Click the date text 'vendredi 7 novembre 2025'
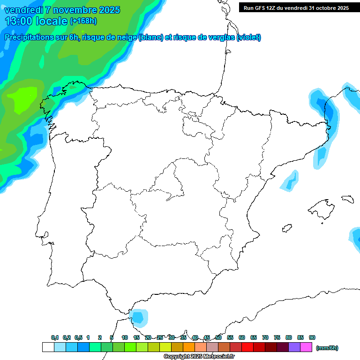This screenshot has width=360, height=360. click(62, 10)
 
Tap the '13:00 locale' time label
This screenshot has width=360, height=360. click(36, 21)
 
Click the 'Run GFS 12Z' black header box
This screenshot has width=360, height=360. click(296, 7)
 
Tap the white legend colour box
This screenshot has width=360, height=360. click(48, 347)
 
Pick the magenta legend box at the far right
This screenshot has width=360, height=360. click(306, 347)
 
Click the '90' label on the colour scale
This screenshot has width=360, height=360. click(312, 337)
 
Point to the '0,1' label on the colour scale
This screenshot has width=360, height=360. click(55, 337)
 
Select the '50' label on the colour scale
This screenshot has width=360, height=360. click(218, 337)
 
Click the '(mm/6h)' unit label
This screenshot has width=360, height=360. click(327, 348)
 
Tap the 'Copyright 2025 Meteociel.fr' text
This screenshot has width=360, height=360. click(199, 357)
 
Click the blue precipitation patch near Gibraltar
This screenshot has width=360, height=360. click(139, 318)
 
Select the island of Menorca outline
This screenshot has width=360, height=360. click(347, 199)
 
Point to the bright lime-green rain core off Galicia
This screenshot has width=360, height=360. click(21, 99)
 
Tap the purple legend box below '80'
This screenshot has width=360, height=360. click(294, 347)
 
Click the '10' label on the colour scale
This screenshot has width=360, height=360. click(125, 337)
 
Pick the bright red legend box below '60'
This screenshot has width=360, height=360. click(247, 347)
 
